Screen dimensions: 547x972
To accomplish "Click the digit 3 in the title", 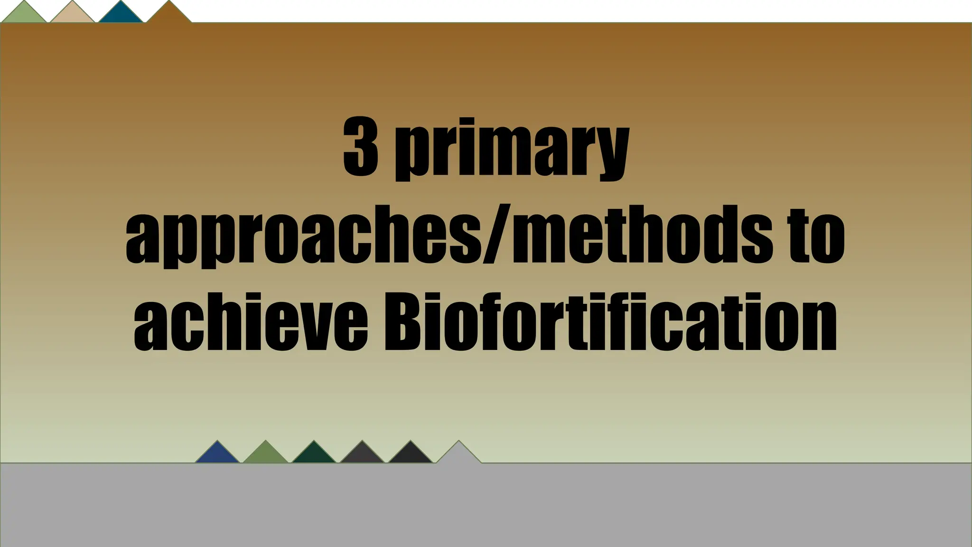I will click(x=360, y=147).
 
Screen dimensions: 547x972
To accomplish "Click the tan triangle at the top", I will click(x=72, y=14).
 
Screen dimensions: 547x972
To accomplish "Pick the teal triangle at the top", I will click(x=121, y=14).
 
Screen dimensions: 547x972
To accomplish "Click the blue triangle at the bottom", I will click(x=217, y=455).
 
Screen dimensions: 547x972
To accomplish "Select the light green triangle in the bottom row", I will click(x=266, y=455).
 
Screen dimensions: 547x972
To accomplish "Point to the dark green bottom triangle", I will click(x=314, y=455).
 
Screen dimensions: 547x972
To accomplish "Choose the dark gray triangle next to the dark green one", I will click(x=362, y=455).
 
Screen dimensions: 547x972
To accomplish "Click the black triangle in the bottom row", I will click(x=411, y=455).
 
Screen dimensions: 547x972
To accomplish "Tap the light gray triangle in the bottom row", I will click(x=459, y=455).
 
